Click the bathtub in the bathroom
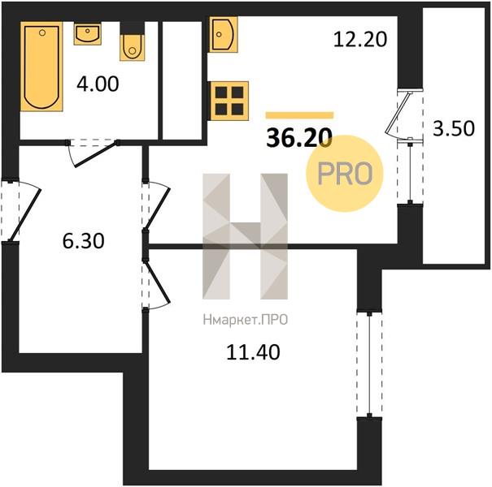(41, 67)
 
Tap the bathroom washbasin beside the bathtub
(88, 33)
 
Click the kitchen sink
(224, 34)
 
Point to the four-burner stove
(229, 101)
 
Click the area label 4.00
(98, 84)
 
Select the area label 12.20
(360, 40)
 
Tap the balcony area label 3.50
(454, 128)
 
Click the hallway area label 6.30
(84, 241)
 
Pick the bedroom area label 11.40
(253, 351)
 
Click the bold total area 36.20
(299, 138)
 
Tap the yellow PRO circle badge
(345, 173)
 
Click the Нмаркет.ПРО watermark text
(246, 320)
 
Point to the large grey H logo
(245, 236)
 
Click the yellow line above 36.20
(299, 115)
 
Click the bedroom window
(369, 364)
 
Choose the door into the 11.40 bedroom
(156, 283)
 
